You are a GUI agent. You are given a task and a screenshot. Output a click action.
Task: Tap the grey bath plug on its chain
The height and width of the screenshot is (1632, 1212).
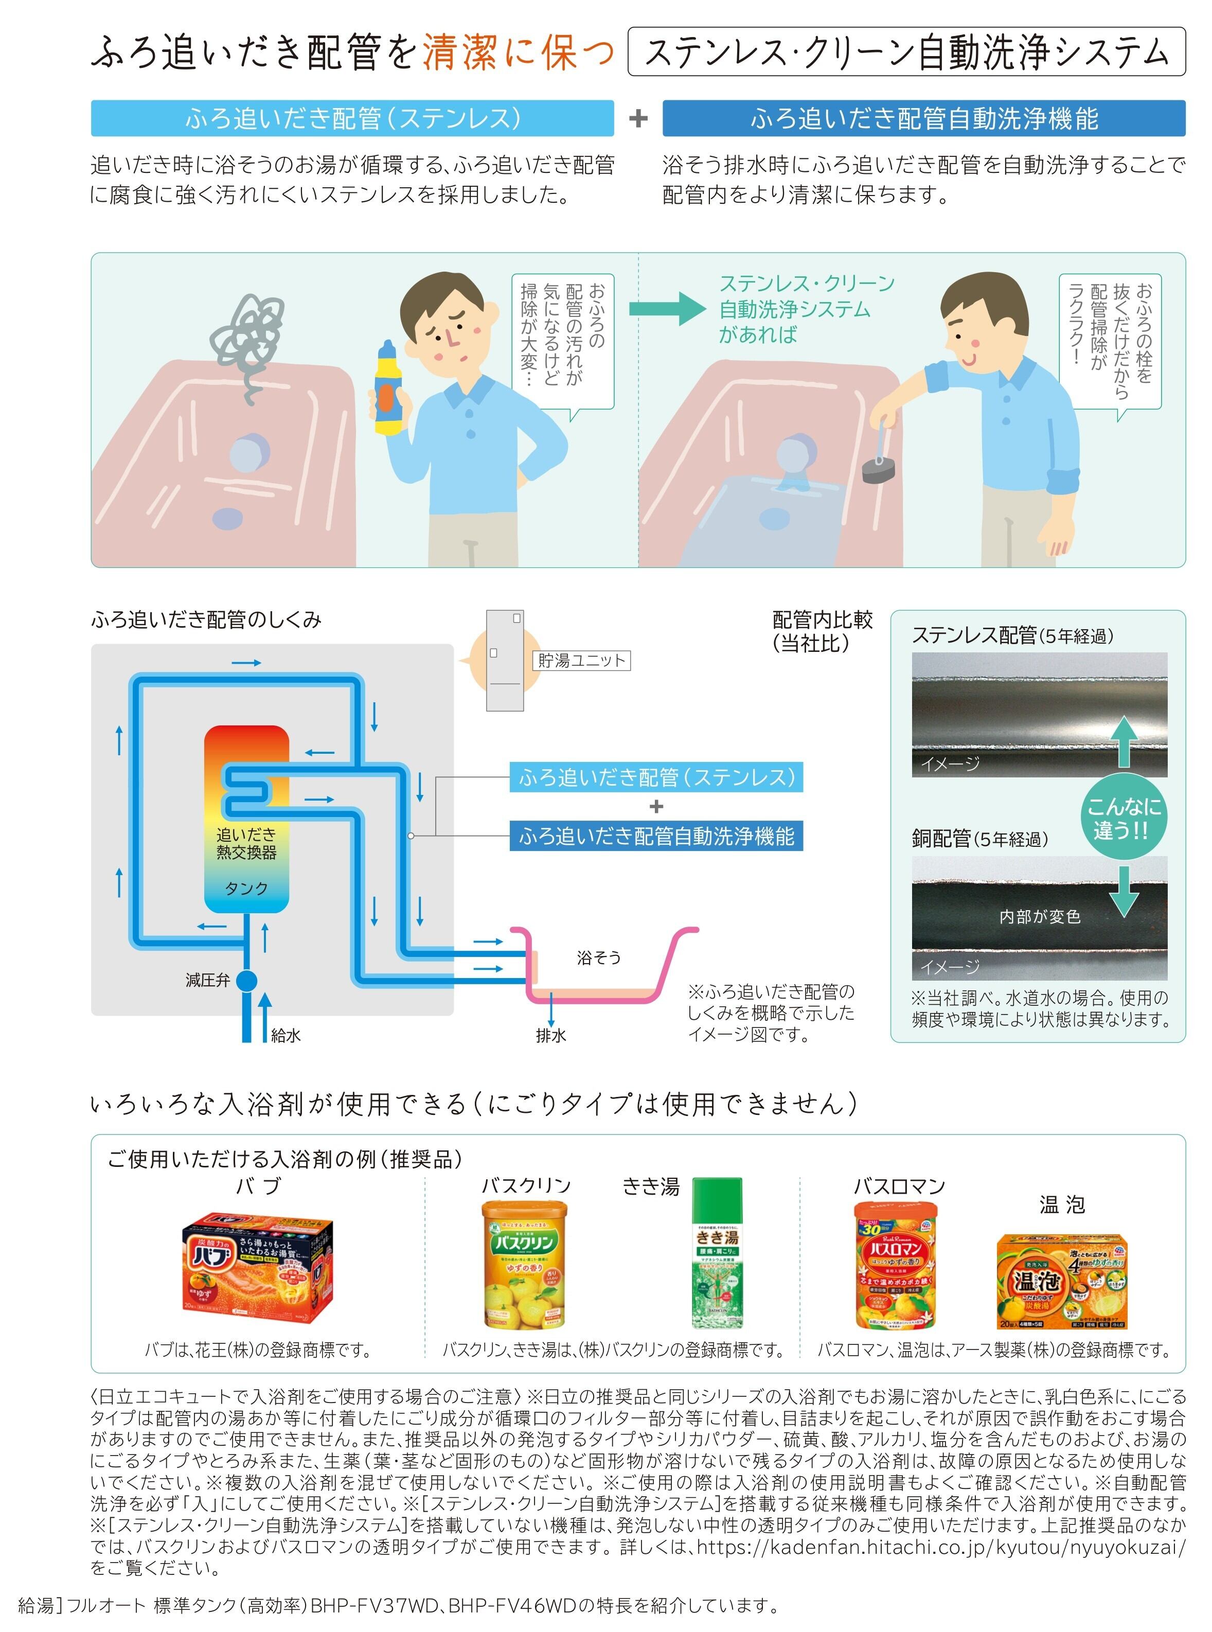click(878, 468)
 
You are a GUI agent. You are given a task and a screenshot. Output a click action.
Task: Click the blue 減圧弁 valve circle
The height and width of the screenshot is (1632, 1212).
click(246, 980)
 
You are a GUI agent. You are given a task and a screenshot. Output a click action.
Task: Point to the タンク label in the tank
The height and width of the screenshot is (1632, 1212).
click(246, 889)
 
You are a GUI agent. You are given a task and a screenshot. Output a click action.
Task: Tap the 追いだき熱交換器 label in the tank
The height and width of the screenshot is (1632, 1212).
click(246, 843)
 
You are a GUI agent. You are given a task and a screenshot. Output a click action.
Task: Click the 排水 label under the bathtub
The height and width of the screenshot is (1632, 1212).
click(551, 1035)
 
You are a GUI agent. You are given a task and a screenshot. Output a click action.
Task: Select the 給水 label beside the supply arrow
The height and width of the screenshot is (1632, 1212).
click(286, 1035)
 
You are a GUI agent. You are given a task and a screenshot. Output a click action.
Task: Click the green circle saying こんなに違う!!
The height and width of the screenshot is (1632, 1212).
click(1123, 818)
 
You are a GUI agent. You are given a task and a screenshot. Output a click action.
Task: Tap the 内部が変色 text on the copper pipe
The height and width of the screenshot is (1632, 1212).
click(1040, 916)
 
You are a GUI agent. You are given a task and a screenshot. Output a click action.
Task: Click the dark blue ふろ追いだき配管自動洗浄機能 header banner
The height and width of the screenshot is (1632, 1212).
click(924, 118)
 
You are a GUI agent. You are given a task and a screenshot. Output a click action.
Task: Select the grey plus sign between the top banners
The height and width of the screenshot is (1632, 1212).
click(638, 118)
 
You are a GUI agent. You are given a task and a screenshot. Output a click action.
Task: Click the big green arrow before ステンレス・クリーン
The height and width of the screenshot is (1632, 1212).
click(668, 308)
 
